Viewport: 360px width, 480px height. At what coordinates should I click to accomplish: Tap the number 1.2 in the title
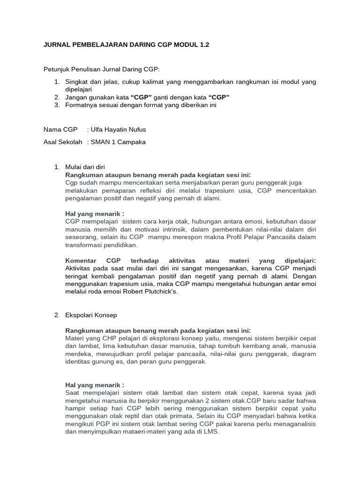coord(202,45)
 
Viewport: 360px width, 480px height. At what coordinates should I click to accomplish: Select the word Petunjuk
coord(56,69)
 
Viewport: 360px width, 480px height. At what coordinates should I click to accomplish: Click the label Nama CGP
coord(60,129)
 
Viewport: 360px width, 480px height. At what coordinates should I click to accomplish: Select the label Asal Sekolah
coord(63,142)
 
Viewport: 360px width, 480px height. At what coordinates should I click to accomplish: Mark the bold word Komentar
coord(81,260)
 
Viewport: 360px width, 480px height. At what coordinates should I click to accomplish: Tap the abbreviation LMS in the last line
coord(211,432)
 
